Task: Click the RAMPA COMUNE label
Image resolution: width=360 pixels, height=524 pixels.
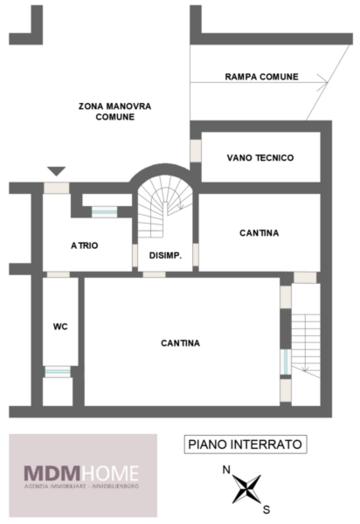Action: click(261, 77)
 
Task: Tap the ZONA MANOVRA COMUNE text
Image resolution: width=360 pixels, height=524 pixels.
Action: click(114, 112)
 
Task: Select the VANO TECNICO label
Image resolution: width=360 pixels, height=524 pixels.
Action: click(260, 158)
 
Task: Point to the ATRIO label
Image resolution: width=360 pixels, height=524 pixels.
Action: click(85, 245)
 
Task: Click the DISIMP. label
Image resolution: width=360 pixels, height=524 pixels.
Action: click(165, 256)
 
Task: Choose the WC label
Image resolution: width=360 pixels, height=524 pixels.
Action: click(60, 327)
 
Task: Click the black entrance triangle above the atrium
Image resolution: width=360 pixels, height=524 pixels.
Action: click(56, 171)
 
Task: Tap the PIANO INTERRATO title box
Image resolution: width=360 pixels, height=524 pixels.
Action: click(246, 445)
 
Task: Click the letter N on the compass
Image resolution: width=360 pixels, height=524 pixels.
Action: click(226, 470)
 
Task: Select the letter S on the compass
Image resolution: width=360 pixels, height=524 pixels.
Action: click(267, 510)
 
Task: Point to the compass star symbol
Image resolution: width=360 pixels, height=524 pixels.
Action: click(246, 489)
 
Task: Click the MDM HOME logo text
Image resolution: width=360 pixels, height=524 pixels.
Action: click(81, 473)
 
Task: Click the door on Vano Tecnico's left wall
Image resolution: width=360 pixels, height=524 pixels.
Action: click(196, 151)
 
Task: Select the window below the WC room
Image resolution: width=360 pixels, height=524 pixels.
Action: click(58, 372)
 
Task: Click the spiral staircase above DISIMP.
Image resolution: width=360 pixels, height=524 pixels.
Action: click(165, 207)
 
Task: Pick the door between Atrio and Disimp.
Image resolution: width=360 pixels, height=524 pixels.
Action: click(135, 256)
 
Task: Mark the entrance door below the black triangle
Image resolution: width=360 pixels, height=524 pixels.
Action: click(57, 188)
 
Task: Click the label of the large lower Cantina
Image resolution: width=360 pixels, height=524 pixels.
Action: click(181, 343)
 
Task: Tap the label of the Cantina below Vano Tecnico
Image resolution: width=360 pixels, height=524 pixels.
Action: click(259, 233)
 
